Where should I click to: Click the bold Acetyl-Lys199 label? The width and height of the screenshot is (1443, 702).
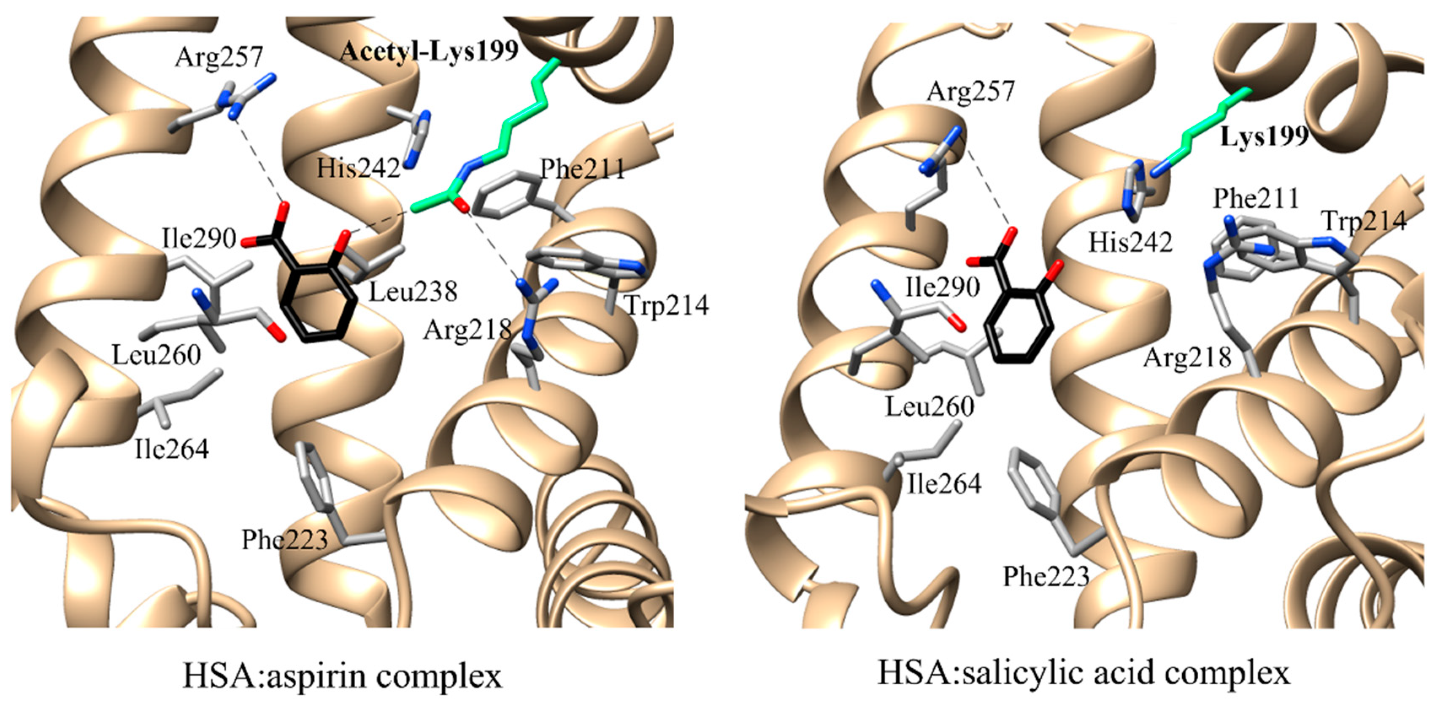coord(429,51)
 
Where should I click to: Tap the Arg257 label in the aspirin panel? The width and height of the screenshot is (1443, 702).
coord(219,57)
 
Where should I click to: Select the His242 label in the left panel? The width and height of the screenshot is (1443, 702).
coord(359,168)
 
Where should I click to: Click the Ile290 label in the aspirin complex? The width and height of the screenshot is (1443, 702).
coord(199,239)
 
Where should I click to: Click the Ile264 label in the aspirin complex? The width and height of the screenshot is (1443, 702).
coord(171,449)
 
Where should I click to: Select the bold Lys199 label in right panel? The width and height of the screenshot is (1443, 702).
coord(1264,136)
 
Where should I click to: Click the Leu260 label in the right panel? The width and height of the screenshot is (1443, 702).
coord(930,407)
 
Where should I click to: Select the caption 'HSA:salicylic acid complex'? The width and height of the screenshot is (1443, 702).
coord(1084,673)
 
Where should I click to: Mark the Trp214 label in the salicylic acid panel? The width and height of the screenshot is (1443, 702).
coord(1365,221)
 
